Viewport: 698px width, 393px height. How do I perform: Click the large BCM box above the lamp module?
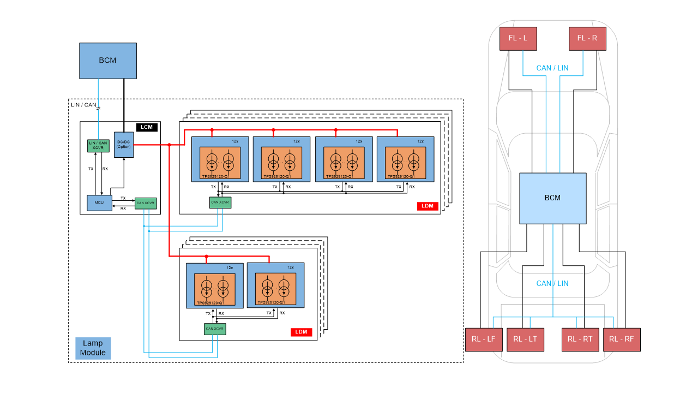107,61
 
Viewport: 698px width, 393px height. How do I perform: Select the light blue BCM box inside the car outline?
552,198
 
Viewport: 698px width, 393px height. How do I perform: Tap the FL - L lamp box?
518,39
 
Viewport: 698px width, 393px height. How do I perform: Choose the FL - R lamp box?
587,39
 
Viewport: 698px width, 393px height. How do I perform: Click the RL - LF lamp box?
483,340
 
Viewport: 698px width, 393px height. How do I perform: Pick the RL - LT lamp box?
525,340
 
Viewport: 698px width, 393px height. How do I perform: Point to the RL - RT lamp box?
580,340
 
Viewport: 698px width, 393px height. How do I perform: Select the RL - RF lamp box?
622,340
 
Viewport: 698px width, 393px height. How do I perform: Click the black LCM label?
147,127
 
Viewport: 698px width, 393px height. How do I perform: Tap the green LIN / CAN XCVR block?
99,146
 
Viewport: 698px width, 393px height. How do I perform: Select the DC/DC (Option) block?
124,145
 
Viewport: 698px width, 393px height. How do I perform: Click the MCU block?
99,203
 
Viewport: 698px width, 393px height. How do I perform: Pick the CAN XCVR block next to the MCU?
146,203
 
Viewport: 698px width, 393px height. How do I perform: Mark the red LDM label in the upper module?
428,206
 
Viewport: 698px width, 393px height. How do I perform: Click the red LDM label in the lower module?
300,332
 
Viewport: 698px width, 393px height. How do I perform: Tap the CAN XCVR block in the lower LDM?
215,329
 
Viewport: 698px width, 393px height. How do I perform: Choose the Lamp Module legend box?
93,348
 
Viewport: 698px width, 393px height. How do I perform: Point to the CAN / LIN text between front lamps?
552,68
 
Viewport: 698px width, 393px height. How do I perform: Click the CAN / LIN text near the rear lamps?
552,283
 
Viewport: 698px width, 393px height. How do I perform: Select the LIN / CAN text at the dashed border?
83,105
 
